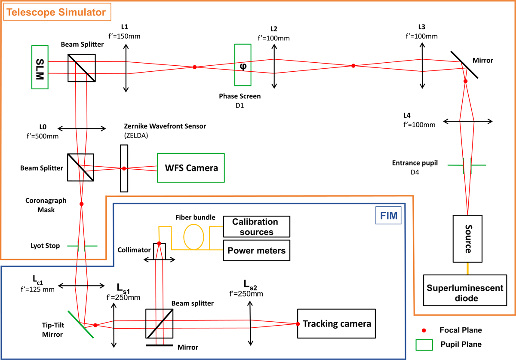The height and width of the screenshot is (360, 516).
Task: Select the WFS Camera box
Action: click(190, 168)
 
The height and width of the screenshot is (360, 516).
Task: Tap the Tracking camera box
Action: click(336, 323)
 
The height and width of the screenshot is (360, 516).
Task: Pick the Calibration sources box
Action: click(256, 227)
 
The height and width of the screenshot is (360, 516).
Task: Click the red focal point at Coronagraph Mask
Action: click(81, 204)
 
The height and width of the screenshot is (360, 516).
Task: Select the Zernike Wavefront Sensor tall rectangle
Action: click(124, 168)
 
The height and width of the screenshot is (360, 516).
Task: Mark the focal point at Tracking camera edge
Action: click(297, 323)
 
